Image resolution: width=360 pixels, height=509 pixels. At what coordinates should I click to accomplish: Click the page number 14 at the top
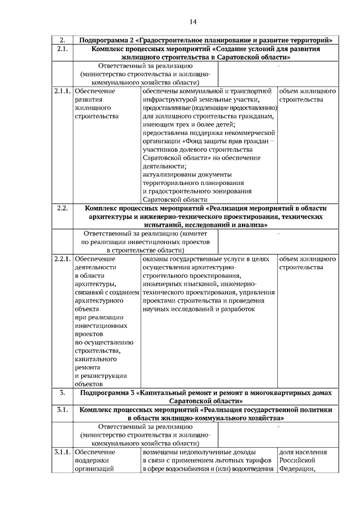pos(193,22)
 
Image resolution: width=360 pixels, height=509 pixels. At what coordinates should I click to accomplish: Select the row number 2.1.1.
pos(62,91)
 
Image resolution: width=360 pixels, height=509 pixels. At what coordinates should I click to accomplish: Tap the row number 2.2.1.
pos(62,259)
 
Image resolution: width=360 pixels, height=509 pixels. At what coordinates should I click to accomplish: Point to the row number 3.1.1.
pos(62,452)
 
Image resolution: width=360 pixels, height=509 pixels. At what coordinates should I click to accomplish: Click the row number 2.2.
pos(62,208)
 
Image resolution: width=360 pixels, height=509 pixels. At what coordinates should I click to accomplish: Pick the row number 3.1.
pos(62,410)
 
